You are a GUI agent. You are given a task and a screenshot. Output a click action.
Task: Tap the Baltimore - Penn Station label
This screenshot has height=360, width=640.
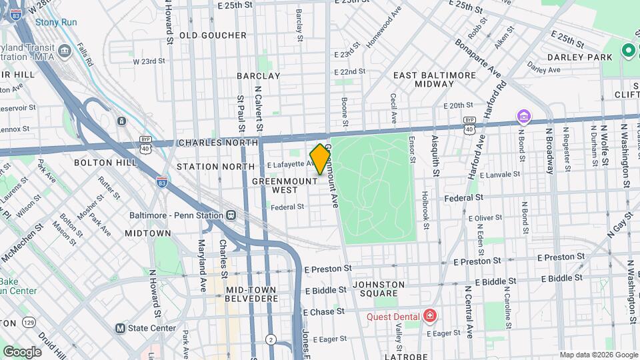(177, 215)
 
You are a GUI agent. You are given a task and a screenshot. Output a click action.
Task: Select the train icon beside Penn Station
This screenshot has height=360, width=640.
(231, 215)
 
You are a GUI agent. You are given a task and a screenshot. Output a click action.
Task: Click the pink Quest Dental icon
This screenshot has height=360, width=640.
(430, 316)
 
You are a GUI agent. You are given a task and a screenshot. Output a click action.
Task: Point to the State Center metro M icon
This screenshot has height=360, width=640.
(120, 328)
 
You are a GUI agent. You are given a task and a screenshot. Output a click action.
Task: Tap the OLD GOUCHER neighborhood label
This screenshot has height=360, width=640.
(213, 35)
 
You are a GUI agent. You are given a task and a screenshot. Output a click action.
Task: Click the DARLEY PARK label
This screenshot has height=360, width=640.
(579, 57)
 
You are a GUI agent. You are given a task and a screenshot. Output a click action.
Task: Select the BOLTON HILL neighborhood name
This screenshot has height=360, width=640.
(100, 162)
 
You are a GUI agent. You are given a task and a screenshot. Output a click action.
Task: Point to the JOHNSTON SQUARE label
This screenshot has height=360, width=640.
(379, 289)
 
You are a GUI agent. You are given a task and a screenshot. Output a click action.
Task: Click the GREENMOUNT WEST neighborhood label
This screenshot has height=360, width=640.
(275, 185)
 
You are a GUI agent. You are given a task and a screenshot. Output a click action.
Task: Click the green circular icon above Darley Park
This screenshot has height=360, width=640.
(628, 50)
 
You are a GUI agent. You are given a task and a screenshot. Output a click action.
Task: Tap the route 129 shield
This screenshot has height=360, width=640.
(28, 323)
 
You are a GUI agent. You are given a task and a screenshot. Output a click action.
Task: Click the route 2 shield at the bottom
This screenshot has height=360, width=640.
(271, 339)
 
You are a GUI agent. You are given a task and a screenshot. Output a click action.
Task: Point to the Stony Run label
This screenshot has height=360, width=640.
(56, 22)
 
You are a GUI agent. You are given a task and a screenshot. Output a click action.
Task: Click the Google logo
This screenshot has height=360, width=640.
(22, 351)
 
